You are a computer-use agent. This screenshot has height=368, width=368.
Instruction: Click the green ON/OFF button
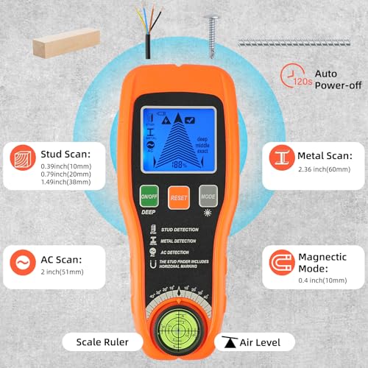tap(150, 197)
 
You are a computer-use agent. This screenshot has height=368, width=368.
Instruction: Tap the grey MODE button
tap(208, 197)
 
